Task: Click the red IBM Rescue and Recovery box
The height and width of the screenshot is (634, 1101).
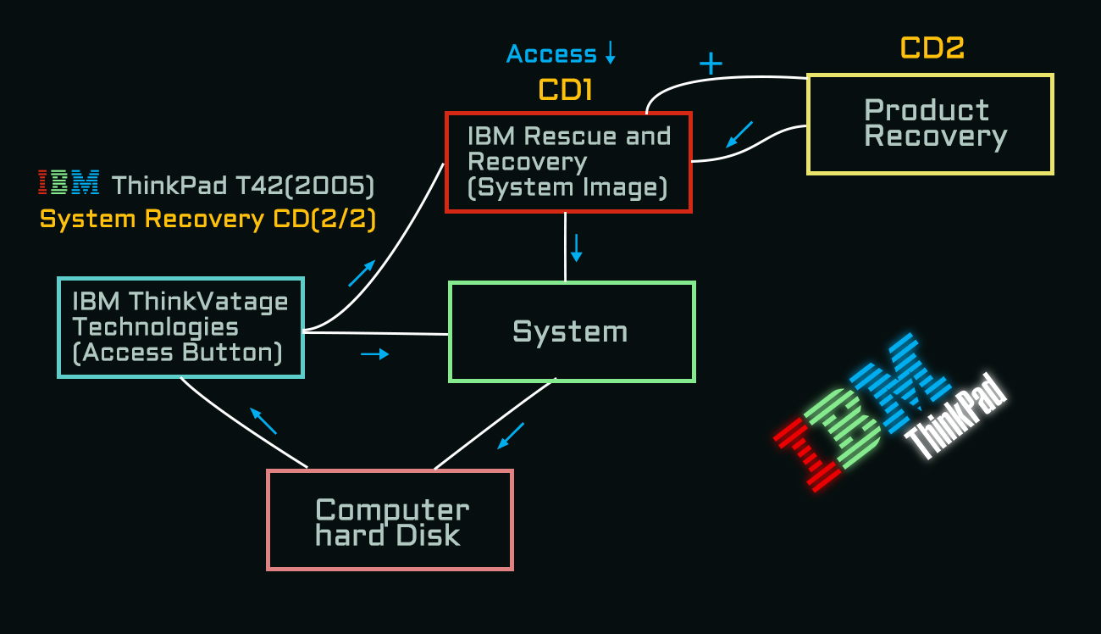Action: [x=568, y=162]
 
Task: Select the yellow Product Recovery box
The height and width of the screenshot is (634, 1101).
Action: [x=929, y=124]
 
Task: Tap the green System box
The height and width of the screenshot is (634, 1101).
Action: [x=571, y=331]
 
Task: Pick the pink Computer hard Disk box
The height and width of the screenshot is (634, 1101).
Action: [x=390, y=520]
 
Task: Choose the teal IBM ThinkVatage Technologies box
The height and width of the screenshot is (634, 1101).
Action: [x=180, y=327]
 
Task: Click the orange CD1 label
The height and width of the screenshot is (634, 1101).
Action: [x=565, y=90]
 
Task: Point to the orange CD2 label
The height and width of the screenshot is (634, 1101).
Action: [x=932, y=48]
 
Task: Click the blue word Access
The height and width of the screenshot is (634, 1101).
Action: [x=551, y=54]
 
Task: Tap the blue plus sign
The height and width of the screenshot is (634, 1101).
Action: [x=711, y=64]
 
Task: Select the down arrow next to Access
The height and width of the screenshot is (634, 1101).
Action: [x=610, y=53]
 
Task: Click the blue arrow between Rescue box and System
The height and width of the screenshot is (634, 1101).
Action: [x=577, y=247]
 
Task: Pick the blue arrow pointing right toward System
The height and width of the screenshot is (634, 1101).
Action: [x=375, y=353]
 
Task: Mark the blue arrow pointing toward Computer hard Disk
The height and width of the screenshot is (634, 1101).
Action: [x=510, y=436]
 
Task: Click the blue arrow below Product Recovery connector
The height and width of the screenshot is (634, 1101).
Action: [x=739, y=134]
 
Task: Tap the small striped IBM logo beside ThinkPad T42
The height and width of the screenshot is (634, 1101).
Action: [x=69, y=182]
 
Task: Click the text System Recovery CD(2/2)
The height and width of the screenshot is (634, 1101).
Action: [x=207, y=220]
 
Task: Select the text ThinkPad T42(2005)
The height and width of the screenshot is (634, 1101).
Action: [x=243, y=184]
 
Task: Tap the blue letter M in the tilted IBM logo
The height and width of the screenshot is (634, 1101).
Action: [x=898, y=374]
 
